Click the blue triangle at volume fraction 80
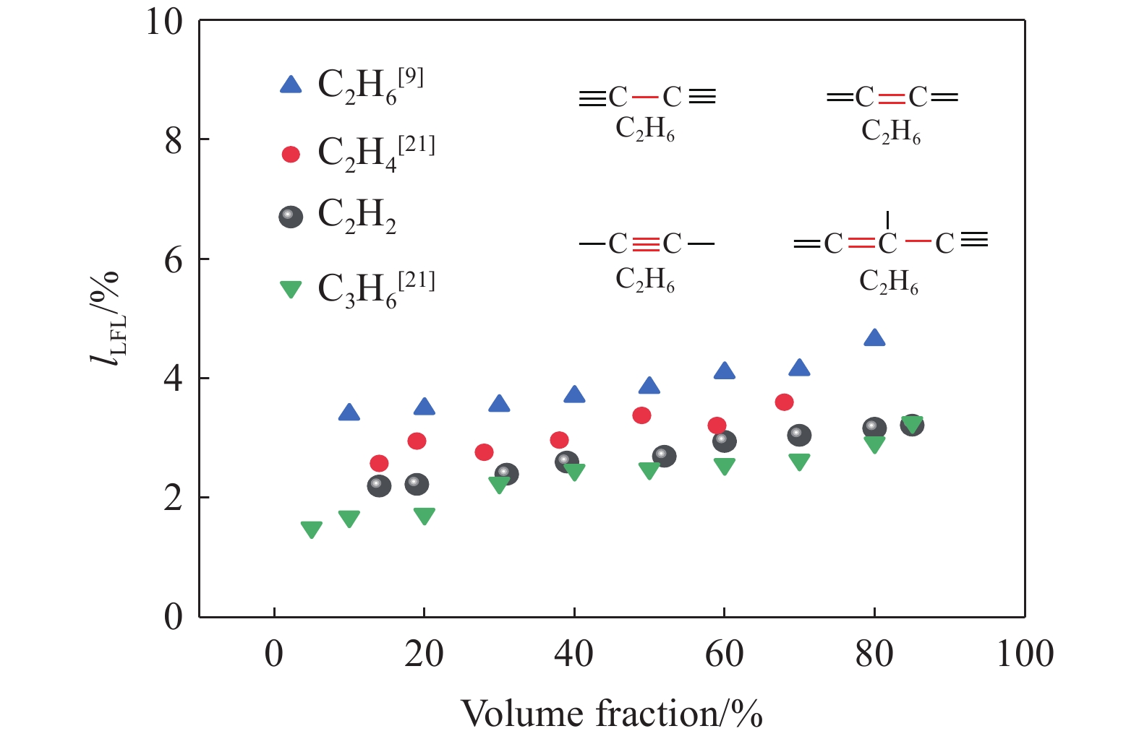pos(874,338)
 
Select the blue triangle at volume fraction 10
pos(349,413)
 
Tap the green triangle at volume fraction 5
pos(312,530)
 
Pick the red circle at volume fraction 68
pos(784,402)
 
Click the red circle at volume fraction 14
pos(379,463)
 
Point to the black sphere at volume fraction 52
pos(664,457)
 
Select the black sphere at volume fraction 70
pos(799,435)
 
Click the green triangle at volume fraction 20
pos(425,515)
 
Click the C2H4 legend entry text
pos(376,153)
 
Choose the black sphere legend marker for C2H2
pos(291,217)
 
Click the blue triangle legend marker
pos(291,85)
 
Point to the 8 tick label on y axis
pos(174,141)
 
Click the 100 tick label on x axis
pos(1024,654)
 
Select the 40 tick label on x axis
pos(574,654)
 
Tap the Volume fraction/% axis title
pos(612,713)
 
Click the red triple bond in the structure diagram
pos(646,244)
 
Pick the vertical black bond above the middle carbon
pos(887,220)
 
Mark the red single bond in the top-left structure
pos(645,97)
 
